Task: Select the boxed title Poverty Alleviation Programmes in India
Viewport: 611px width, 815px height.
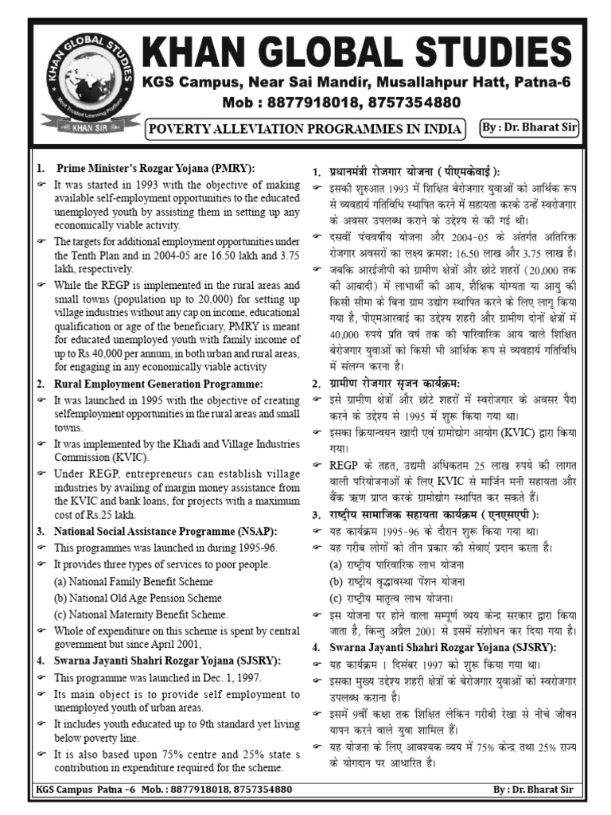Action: coord(305,128)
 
